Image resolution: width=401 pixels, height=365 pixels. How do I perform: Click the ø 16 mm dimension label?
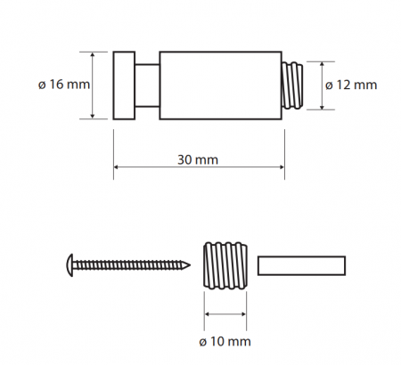[x=64, y=85]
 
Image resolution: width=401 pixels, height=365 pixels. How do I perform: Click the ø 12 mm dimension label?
[x=351, y=85]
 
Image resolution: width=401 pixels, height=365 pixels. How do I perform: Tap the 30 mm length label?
[x=198, y=159]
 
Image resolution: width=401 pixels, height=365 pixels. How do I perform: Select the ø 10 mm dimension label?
[x=225, y=342]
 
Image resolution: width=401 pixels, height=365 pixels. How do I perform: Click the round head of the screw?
[x=70, y=265]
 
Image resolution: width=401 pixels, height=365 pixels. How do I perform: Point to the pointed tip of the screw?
[x=189, y=265]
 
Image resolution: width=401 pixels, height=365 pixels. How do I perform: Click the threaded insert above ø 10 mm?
[x=225, y=265]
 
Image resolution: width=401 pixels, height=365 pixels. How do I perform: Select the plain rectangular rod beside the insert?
[x=301, y=265]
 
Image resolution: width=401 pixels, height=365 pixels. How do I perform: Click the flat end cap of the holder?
[x=124, y=85]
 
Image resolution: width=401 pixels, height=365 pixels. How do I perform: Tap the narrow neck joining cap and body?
[x=147, y=85]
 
